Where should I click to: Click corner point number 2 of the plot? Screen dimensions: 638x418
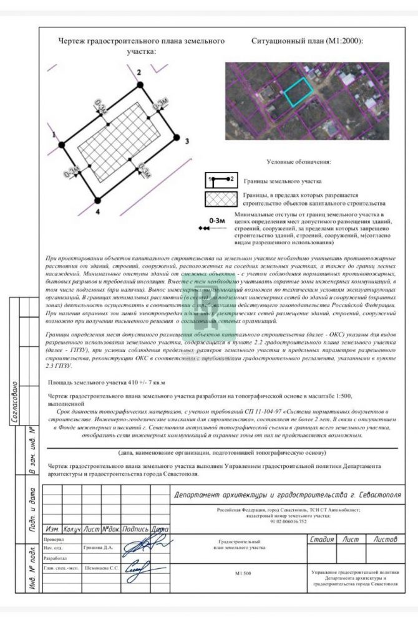pyautogui.click(x=138, y=83)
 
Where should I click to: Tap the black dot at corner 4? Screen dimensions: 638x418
pyautogui.click(x=97, y=200)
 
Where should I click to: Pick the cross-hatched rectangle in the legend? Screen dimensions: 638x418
pyautogui.click(x=221, y=199)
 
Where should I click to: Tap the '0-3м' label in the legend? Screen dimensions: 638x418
pyautogui.click(x=216, y=220)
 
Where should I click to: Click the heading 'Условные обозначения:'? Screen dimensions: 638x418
pyautogui.click(x=299, y=163)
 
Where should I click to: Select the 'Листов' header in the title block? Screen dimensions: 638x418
pyautogui.click(x=385, y=540)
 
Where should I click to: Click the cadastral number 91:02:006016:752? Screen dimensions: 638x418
pyautogui.click(x=288, y=521)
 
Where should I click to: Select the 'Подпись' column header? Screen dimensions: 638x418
pyautogui.click(x=135, y=529)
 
